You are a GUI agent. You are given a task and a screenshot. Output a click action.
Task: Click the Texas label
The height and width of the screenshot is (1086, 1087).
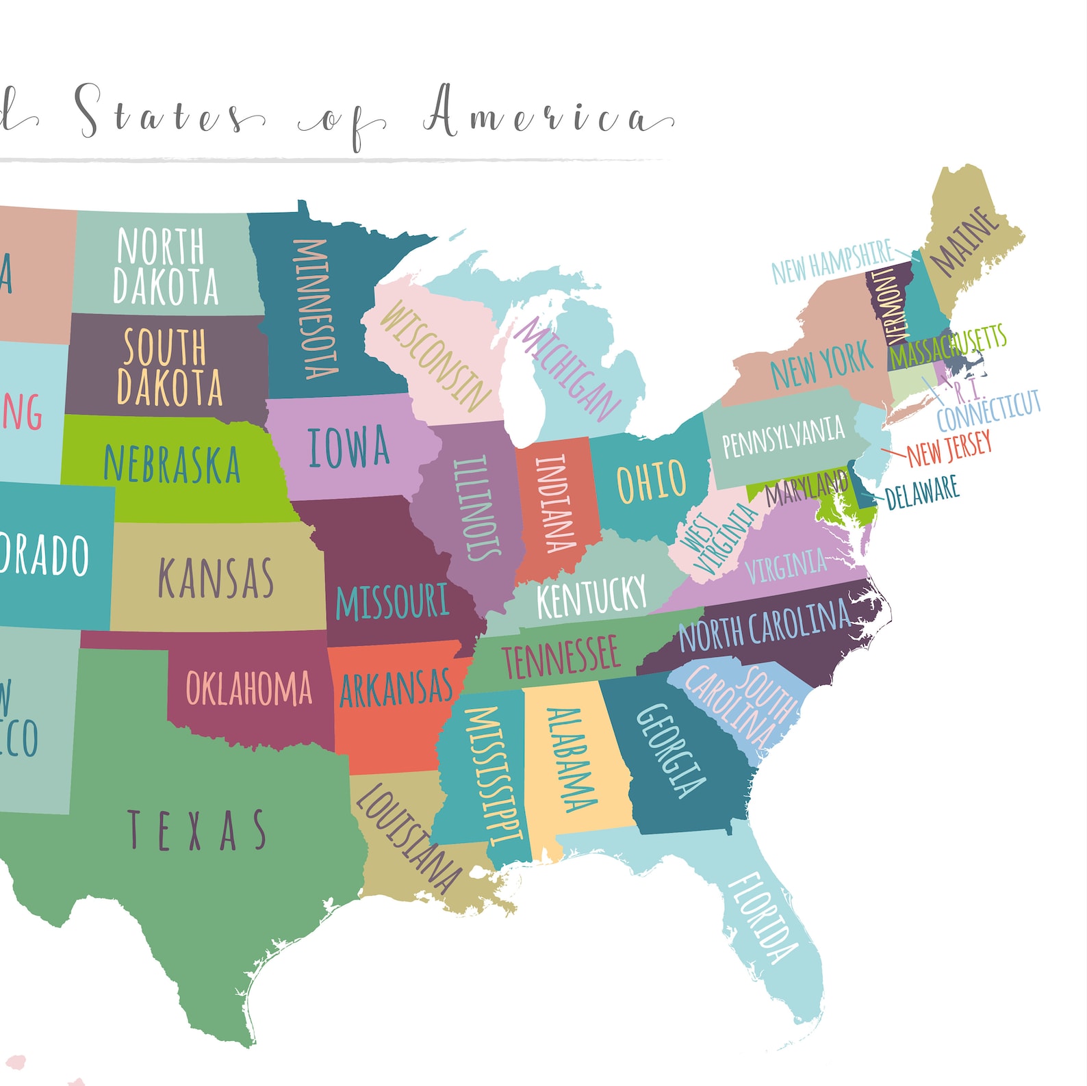click(196, 830)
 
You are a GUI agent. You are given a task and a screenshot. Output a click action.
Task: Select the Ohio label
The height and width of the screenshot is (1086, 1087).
click(651, 481)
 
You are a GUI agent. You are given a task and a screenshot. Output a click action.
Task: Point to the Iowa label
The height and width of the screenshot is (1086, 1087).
click(348, 448)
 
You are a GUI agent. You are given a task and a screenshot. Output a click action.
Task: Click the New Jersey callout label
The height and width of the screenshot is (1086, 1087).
click(949, 449)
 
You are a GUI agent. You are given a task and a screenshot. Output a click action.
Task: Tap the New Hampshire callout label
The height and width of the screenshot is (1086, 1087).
click(832, 262)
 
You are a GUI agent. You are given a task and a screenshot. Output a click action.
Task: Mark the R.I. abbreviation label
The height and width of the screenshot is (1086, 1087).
click(967, 391)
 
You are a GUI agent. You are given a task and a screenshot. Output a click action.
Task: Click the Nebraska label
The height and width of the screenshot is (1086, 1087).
click(172, 464)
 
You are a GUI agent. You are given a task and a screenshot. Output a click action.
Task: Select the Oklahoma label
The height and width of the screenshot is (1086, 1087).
click(248, 688)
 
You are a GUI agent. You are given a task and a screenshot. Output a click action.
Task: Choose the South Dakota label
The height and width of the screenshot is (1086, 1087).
click(168, 367)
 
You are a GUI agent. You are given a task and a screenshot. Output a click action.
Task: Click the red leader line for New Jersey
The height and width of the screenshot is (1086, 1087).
click(893, 453)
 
